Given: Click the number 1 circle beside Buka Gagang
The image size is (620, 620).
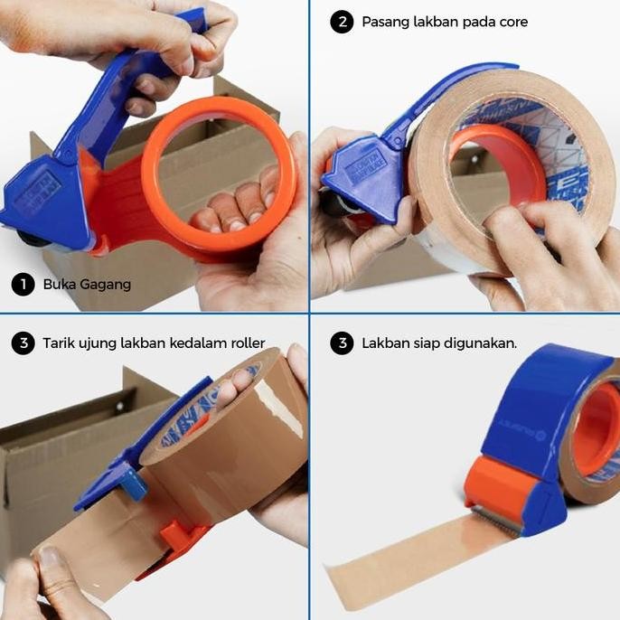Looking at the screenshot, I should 23,285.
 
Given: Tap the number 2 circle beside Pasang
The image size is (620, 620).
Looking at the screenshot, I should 341,22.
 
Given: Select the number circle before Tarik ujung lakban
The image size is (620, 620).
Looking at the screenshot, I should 23,343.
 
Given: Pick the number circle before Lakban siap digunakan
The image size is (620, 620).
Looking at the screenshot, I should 341,343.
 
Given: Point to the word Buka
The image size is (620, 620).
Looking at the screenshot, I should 58,285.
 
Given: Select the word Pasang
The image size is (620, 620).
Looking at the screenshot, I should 385,22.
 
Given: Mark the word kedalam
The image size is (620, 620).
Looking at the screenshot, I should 190,343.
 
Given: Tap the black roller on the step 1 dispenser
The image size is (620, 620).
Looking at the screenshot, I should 32,240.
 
